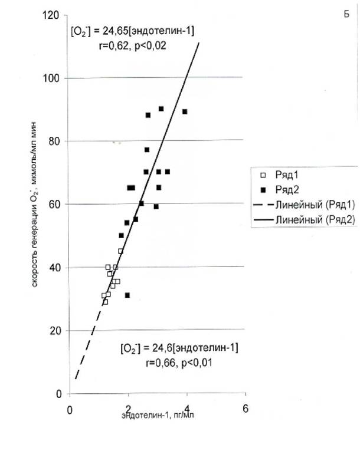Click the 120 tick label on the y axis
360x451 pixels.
point(50,15)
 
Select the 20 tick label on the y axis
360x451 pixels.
point(55,331)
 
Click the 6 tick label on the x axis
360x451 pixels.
point(245,409)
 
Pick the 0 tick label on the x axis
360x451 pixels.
point(70,410)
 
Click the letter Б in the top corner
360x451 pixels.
point(346,14)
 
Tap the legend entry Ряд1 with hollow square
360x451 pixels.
point(279,175)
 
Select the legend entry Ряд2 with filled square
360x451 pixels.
point(279,190)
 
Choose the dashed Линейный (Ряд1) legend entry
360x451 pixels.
point(304,205)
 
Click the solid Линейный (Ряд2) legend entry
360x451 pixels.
point(304,219)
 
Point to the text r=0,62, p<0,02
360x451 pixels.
point(132,45)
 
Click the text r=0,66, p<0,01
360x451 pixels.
point(179,363)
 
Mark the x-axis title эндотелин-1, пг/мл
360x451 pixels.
point(158,415)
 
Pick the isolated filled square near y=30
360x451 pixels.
point(127,295)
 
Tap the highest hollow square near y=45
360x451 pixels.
point(120,251)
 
